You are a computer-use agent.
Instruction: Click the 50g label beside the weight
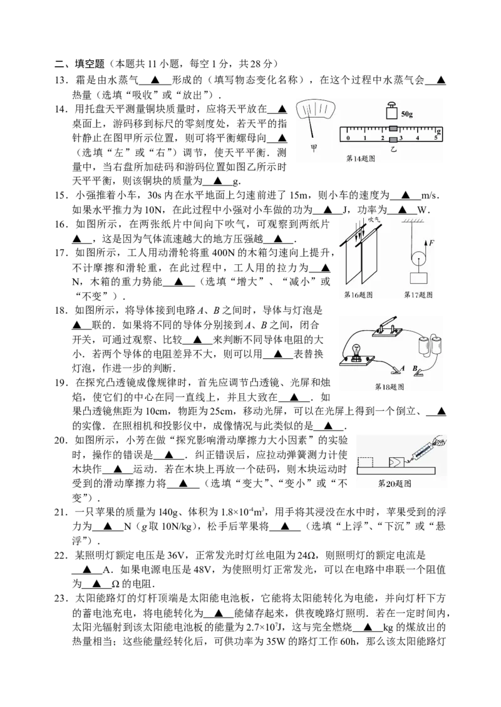click(407, 114)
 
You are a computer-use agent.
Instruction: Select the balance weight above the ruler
click(391, 111)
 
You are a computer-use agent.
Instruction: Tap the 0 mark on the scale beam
click(348, 137)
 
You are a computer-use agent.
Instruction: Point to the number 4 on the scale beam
click(418, 137)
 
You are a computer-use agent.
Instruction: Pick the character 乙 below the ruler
click(394, 151)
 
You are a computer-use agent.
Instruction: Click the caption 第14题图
click(361, 159)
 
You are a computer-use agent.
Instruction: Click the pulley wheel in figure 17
click(418, 257)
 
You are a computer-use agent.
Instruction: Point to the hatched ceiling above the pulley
click(415, 221)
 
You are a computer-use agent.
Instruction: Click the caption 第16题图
click(358, 294)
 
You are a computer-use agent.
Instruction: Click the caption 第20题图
click(395, 483)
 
